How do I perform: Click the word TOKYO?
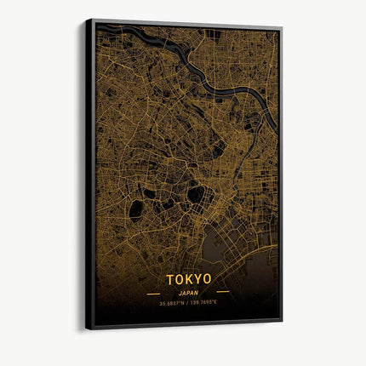[x=189, y=278]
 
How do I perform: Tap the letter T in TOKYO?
[x=170, y=278]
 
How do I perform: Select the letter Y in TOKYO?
[x=197, y=278]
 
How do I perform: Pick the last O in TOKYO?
[x=208, y=278]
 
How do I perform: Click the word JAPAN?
[x=188, y=290]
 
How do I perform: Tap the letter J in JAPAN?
[x=179, y=290]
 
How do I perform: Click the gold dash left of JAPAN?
[x=153, y=291]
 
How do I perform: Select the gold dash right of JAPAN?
[x=222, y=291]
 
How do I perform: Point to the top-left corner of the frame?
[x=86, y=20]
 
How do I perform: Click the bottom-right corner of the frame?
[x=282, y=320]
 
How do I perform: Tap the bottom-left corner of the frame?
[x=86, y=329]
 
